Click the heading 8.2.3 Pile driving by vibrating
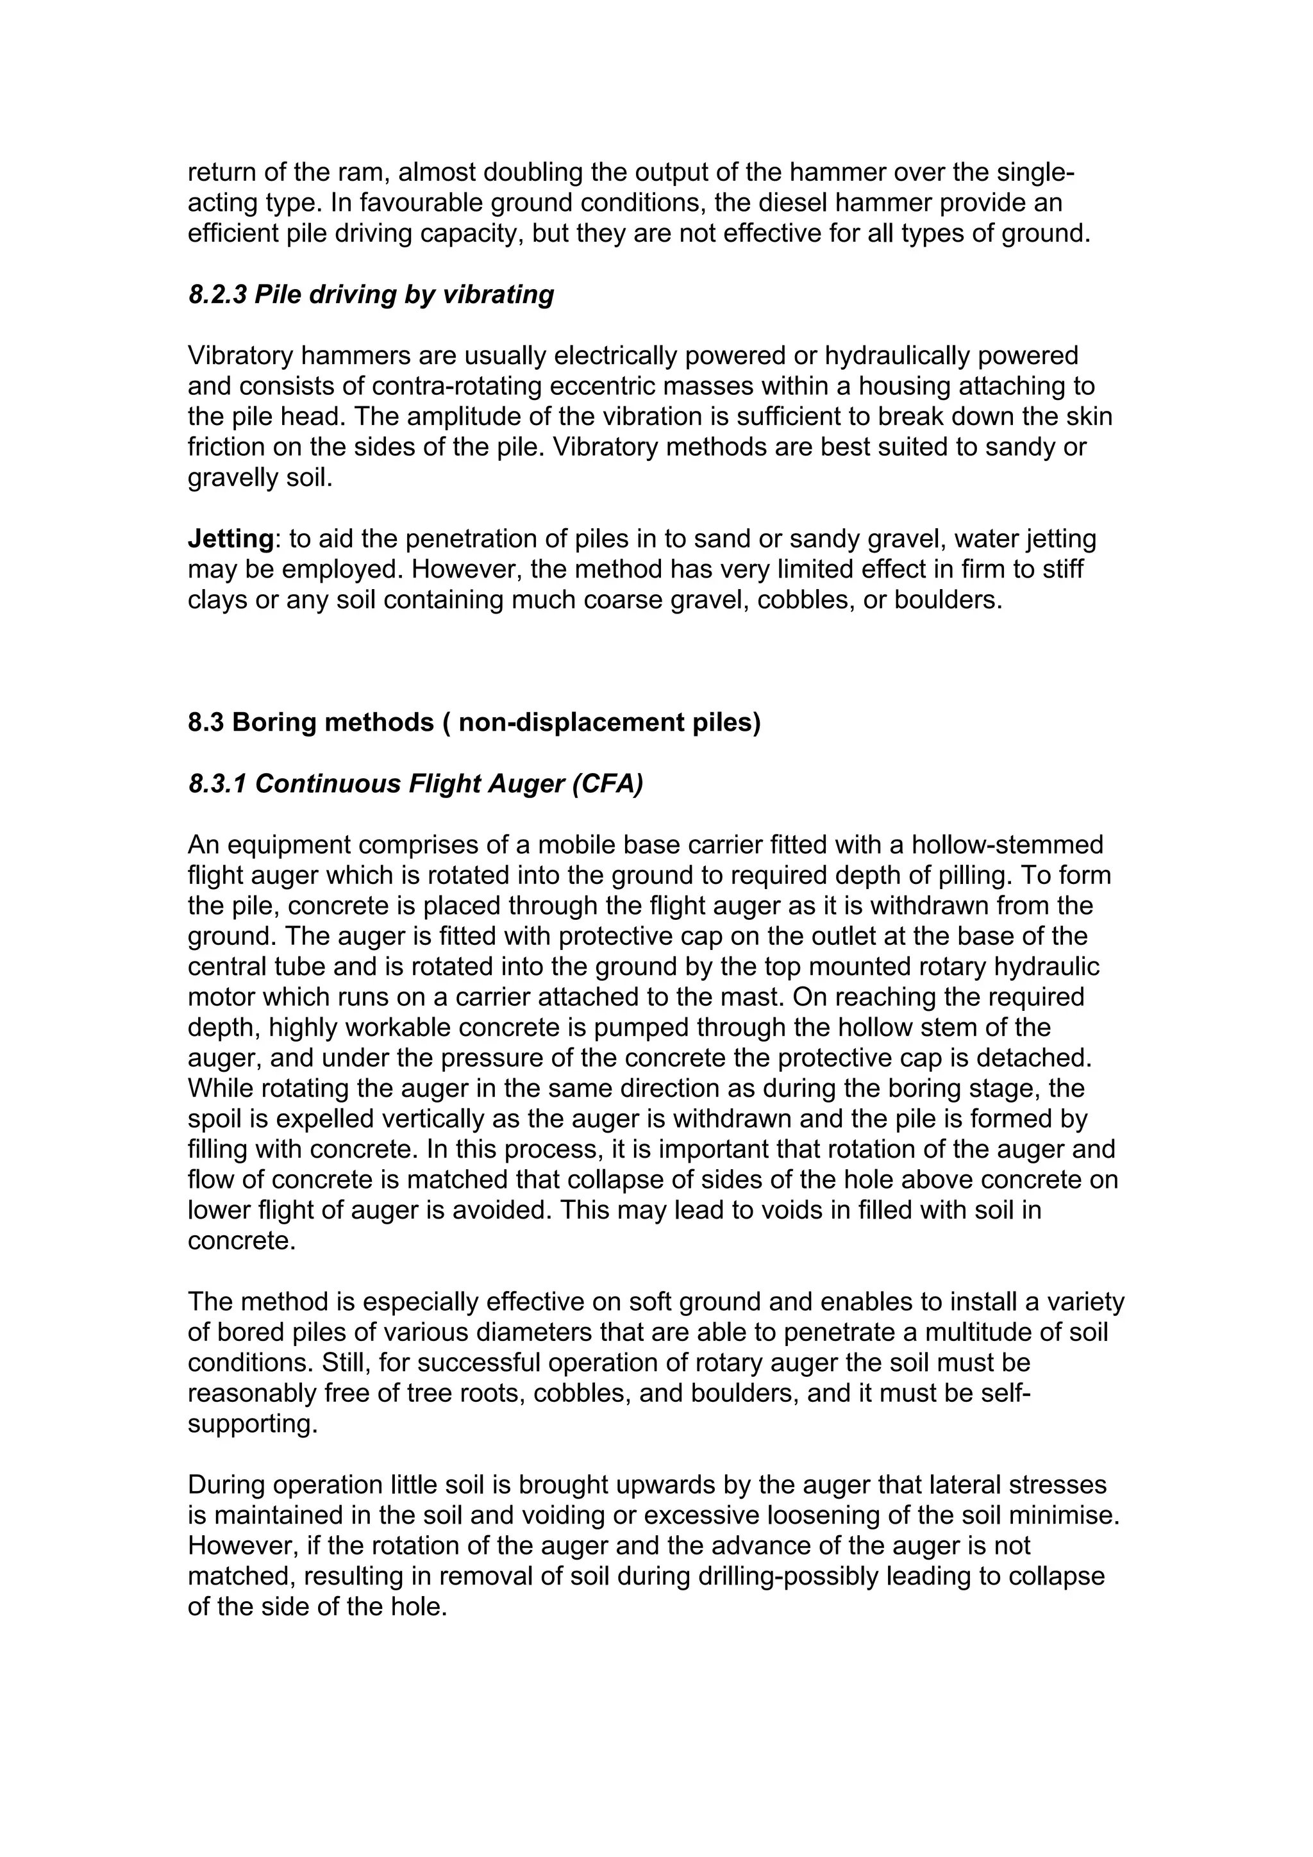point(371,294)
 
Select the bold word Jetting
point(231,538)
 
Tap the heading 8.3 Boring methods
point(474,722)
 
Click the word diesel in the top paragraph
point(790,203)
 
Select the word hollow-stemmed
point(1007,845)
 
